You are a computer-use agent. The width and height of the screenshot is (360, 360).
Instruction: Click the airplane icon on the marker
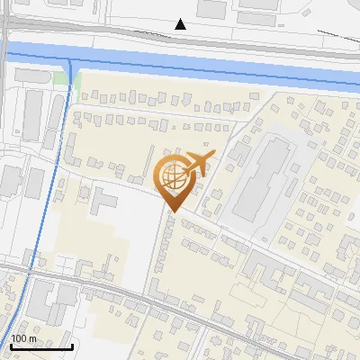coord(197,164)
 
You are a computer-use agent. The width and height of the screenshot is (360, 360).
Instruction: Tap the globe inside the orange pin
coord(171,175)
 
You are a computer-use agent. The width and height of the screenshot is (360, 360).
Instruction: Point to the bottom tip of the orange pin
coord(171,211)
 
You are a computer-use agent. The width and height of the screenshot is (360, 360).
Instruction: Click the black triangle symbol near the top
coord(181,23)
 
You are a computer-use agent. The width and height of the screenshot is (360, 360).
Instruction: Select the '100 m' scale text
coord(23,339)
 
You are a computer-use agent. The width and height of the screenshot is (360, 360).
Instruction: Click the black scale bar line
coord(41,346)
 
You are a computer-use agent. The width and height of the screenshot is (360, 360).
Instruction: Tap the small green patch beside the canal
coord(61,78)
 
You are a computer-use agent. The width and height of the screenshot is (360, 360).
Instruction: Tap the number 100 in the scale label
coord(19,339)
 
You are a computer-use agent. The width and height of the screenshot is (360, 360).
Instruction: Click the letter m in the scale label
coord(32,339)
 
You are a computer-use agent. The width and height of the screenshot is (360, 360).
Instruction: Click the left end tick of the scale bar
coord(11,345)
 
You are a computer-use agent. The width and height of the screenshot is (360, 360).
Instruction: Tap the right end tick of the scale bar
coord(72,345)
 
